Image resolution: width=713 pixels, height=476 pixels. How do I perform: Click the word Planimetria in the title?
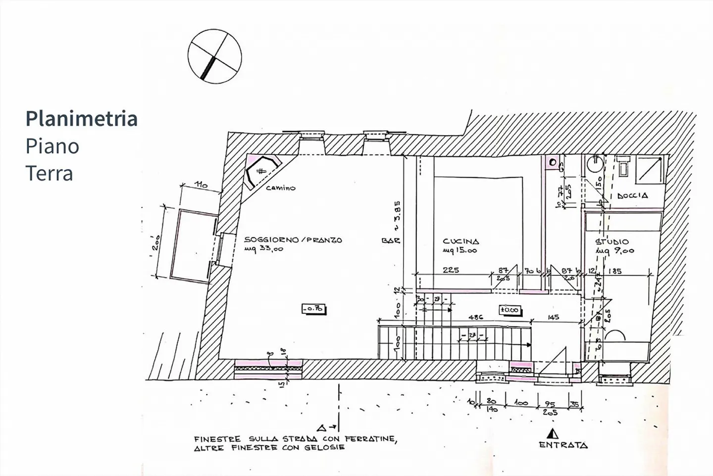pyautogui.click(x=82, y=119)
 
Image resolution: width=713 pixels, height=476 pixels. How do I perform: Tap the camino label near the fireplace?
pyautogui.click(x=280, y=188)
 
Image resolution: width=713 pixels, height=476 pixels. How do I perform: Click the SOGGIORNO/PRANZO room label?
pyautogui.click(x=293, y=240)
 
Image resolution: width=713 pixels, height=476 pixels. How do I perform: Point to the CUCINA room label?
pyautogui.click(x=460, y=241)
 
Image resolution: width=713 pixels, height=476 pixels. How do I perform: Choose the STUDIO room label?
pyautogui.click(x=611, y=242)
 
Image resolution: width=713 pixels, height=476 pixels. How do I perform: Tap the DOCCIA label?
pyautogui.click(x=632, y=196)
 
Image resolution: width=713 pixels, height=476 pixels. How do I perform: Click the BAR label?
pyautogui.click(x=390, y=241)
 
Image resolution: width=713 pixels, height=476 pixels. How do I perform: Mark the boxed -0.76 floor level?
pyautogui.click(x=313, y=309)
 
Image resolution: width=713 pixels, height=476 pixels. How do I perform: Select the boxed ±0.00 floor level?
pyautogui.click(x=509, y=310)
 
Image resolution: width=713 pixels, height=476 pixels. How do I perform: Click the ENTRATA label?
pyautogui.click(x=563, y=445)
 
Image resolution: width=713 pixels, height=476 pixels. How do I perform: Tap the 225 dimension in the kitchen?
pyautogui.click(x=451, y=270)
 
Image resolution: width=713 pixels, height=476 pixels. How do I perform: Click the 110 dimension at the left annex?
pyautogui.click(x=200, y=185)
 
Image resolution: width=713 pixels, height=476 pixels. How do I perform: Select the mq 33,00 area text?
pyautogui.click(x=264, y=249)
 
